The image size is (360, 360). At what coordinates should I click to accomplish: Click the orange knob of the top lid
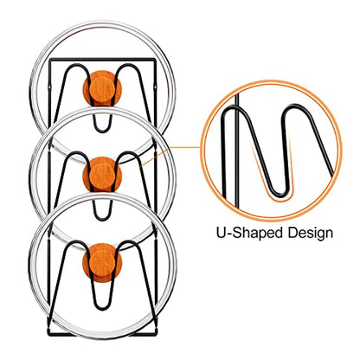(102, 88)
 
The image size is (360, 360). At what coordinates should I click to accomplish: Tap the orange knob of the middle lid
(102, 175)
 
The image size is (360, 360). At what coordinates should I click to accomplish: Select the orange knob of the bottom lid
(102, 262)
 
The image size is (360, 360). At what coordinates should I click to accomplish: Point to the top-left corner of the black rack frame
(50, 60)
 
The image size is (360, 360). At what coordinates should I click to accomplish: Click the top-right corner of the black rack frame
(155, 60)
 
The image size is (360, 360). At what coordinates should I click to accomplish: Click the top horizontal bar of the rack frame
(102, 60)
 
